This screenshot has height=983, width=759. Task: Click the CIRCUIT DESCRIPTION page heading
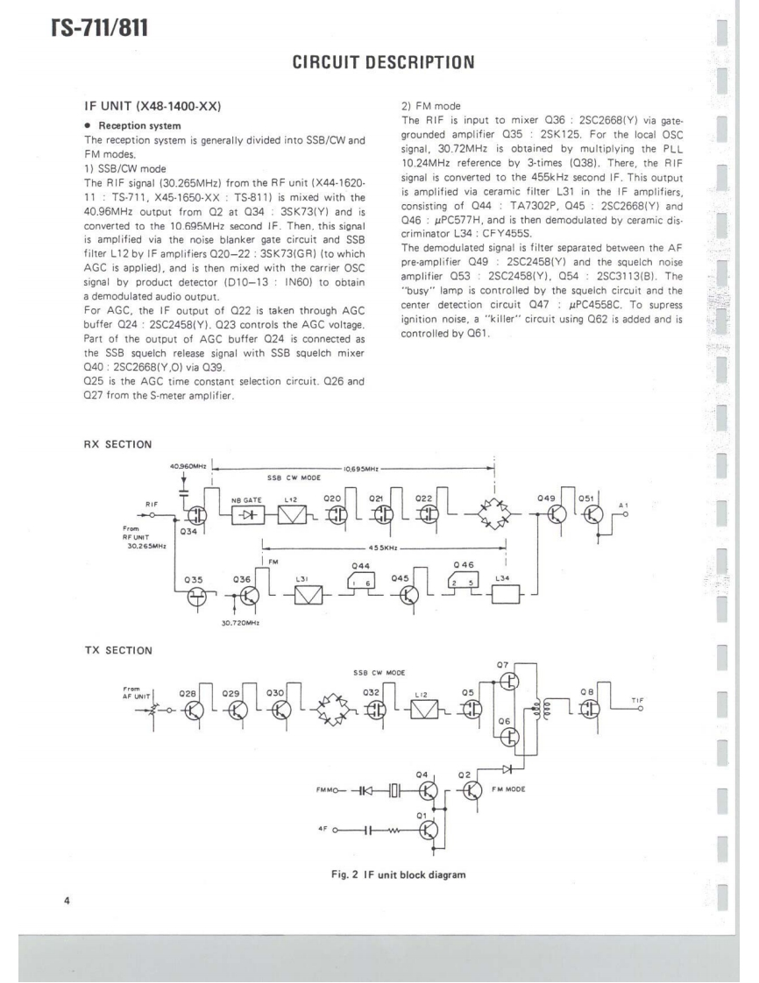pos(379,62)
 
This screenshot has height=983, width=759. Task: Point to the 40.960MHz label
pos(187,467)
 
